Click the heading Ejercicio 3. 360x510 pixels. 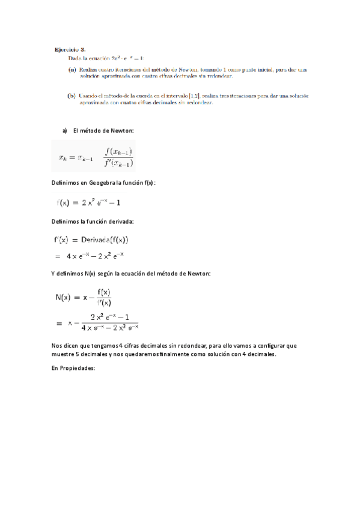(x=70, y=50)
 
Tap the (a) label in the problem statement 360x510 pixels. (x=72, y=70)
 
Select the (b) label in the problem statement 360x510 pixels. (x=72, y=95)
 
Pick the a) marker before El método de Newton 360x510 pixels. (x=66, y=131)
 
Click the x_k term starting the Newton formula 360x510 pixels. (x=63, y=158)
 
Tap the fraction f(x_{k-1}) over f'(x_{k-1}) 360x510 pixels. (x=118, y=158)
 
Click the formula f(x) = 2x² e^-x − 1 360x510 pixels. (x=91, y=203)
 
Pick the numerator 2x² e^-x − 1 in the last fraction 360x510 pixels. (x=114, y=317)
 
